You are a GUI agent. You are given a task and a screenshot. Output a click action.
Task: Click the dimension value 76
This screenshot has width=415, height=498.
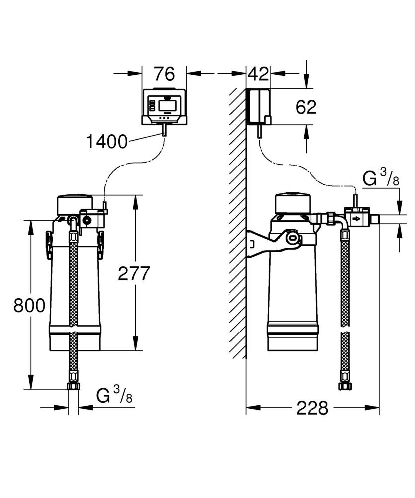(x=164, y=74)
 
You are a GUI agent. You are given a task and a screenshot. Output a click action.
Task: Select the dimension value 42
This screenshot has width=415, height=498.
(x=258, y=74)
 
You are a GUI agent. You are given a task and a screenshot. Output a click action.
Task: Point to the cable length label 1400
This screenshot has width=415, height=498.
(x=106, y=142)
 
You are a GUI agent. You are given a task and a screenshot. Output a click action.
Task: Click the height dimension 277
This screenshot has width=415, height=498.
(x=134, y=273)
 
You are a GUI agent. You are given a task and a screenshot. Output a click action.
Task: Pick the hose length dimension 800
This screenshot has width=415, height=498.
(x=29, y=305)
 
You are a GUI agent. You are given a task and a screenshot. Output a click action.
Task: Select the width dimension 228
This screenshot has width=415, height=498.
(x=312, y=408)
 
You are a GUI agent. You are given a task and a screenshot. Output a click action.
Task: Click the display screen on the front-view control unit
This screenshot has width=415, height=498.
(x=165, y=105)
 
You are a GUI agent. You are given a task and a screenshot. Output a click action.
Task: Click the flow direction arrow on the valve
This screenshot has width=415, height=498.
(x=357, y=219)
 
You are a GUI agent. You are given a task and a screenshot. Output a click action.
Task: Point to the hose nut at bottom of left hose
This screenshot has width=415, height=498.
(x=73, y=386)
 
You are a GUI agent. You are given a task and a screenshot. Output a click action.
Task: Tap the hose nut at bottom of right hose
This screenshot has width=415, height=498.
(x=343, y=386)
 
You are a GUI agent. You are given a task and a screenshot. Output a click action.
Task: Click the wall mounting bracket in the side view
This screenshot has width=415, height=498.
(x=264, y=242)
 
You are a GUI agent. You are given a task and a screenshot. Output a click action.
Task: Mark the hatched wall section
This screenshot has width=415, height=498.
(x=237, y=224)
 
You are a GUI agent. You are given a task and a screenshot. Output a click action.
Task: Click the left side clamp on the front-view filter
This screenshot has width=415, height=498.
(x=49, y=244)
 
